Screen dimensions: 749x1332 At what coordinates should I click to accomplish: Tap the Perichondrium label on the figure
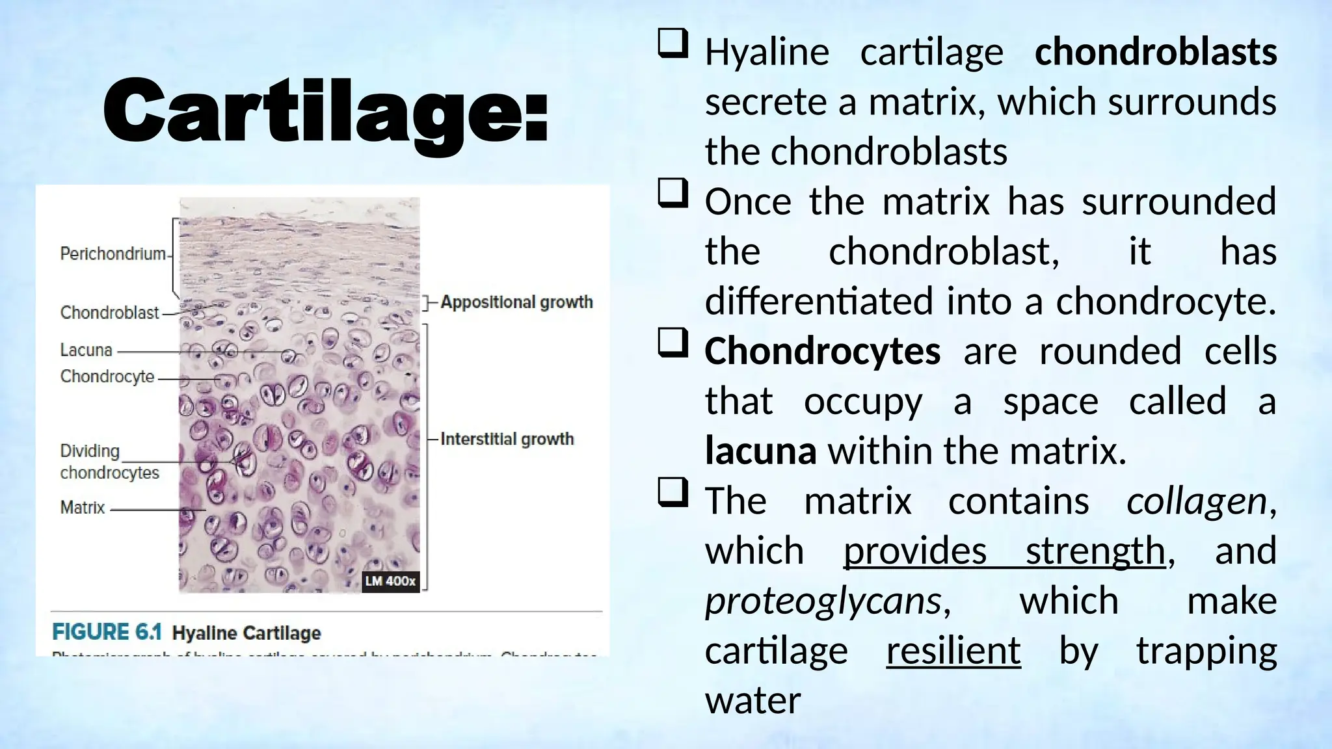pyautogui.click(x=113, y=254)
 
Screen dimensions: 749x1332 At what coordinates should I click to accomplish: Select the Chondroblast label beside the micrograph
pyautogui.click(x=109, y=313)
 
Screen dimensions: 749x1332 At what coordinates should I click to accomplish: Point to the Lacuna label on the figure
pyautogui.click(x=86, y=350)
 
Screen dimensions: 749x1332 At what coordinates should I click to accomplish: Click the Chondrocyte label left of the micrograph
pyautogui.click(x=107, y=376)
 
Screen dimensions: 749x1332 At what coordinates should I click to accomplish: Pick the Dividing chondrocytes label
pyautogui.click(x=109, y=462)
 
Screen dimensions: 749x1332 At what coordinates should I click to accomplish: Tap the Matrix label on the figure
pyautogui.click(x=83, y=507)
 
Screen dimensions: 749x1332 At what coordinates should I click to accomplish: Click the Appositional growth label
pyautogui.click(x=516, y=302)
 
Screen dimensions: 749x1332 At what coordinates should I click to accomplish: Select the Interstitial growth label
pyautogui.click(x=507, y=440)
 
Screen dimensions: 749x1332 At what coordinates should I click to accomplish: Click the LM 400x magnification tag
pyautogui.click(x=390, y=581)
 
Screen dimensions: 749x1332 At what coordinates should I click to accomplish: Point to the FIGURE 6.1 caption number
pyautogui.click(x=107, y=633)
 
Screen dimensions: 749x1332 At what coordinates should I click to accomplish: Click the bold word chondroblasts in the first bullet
pyautogui.click(x=1156, y=52)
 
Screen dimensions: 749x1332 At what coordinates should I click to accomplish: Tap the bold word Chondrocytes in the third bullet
pyautogui.click(x=822, y=351)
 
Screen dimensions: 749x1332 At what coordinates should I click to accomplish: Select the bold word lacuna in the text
pyautogui.click(x=760, y=451)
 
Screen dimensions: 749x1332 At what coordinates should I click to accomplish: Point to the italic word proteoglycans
pyautogui.click(x=823, y=600)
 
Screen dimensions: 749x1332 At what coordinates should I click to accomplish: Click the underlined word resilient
pyautogui.click(x=953, y=651)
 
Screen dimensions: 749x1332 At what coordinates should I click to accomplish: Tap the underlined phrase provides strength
pyautogui.click(x=1004, y=551)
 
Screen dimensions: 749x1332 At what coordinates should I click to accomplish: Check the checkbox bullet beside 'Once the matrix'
pyautogui.click(x=673, y=193)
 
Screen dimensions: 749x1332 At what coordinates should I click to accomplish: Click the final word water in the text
pyautogui.click(x=753, y=700)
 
